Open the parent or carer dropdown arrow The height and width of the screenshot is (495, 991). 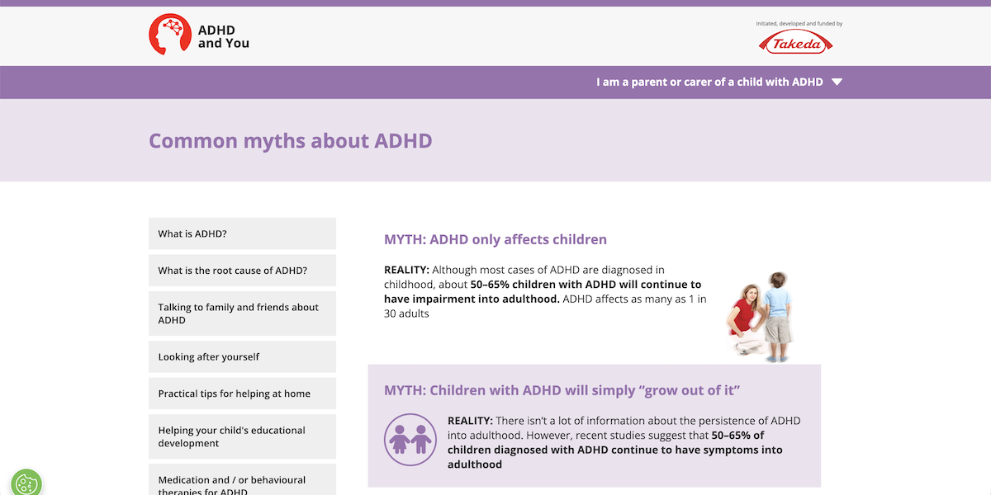click(x=837, y=82)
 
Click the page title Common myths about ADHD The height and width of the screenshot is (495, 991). click(x=290, y=140)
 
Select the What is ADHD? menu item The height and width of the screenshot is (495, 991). click(x=242, y=233)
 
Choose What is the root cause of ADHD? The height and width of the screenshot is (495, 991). click(x=242, y=271)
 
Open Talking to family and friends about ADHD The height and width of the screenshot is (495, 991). click(x=242, y=313)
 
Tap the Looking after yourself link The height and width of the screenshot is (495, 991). click(x=242, y=357)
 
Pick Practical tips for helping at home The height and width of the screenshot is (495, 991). click(x=242, y=394)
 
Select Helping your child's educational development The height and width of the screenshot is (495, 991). click(x=242, y=436)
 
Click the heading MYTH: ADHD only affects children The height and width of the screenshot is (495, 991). click(x=495, y=239)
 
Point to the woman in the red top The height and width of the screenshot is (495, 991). click(x=744, y=318)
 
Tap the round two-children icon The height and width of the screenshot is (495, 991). click(x=410, y=439)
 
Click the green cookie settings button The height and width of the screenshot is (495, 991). click(x=26, y=483)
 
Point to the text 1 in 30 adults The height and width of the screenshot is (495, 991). click(x=406, y=313)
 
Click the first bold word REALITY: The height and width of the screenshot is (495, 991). click(x=406, y=270)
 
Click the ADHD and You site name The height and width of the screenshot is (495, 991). click(x=223, y=36)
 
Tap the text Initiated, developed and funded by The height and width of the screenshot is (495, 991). click(x=799, y=24)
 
